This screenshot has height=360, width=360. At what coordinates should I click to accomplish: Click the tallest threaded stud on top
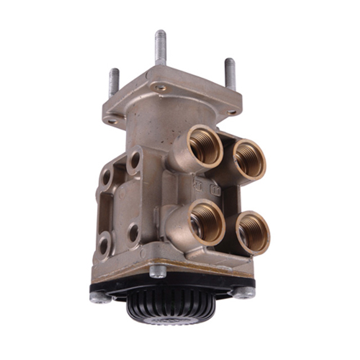pos(159,48)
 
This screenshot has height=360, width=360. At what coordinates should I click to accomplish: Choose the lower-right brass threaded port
pos(253,233)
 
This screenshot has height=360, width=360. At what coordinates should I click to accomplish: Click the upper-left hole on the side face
pos(107,175)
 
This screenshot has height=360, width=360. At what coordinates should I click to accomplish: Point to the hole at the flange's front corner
pos(161,88)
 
